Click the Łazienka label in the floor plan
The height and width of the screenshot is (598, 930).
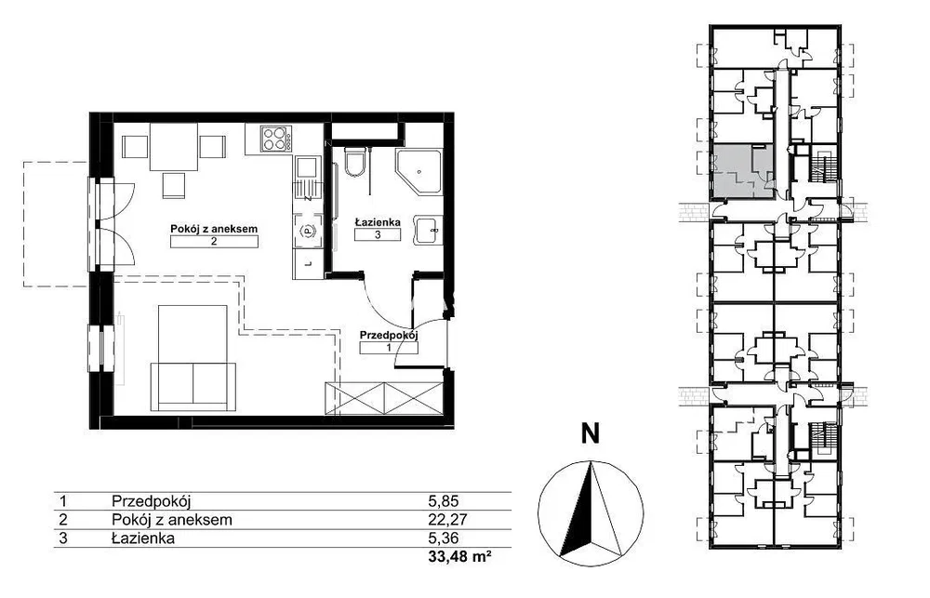click(x=378, y=222)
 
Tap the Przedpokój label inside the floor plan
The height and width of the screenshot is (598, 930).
click(x=389, y=335)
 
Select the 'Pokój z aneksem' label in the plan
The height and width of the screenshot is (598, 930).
click(x=214, y=229)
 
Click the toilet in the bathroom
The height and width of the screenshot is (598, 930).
click(x=356, y=163)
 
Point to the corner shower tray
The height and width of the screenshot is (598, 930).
click(x=418, y=171)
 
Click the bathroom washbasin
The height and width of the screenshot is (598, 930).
click(x=428, y=230)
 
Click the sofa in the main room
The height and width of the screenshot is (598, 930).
click(x=193, y=386)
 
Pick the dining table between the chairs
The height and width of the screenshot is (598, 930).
click(x=174, y=147)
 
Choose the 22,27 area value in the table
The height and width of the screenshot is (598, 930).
click(x=448, y=520)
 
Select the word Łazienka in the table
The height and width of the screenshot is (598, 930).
click(x=143, y=538)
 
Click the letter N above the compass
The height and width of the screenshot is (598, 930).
click(x=590, y=433)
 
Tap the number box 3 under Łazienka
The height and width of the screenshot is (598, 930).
click(x=378, y=234)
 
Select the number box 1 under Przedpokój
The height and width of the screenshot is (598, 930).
click(x=389, y=348)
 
